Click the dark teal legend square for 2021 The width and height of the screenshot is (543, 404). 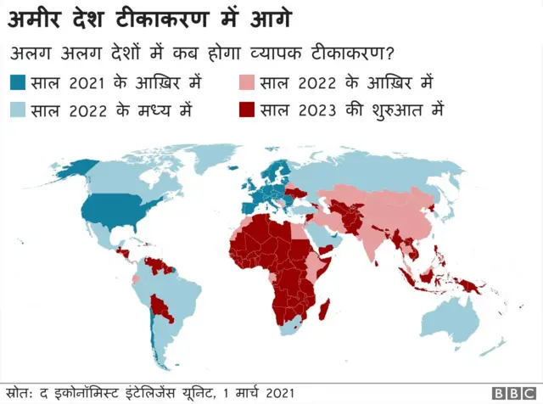18,82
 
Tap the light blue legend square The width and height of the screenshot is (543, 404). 18,109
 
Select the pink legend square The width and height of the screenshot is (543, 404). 247,82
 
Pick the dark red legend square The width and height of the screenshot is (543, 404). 247,109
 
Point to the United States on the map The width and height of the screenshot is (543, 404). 115,212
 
